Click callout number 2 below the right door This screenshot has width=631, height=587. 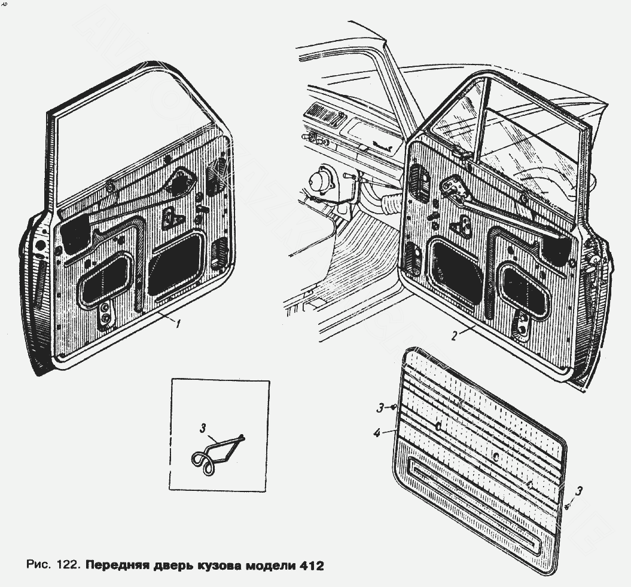455,336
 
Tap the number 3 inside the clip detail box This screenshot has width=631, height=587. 203,428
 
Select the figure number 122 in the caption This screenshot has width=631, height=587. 68,565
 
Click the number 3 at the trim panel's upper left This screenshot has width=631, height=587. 380,408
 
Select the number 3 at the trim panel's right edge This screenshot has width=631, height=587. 578,491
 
